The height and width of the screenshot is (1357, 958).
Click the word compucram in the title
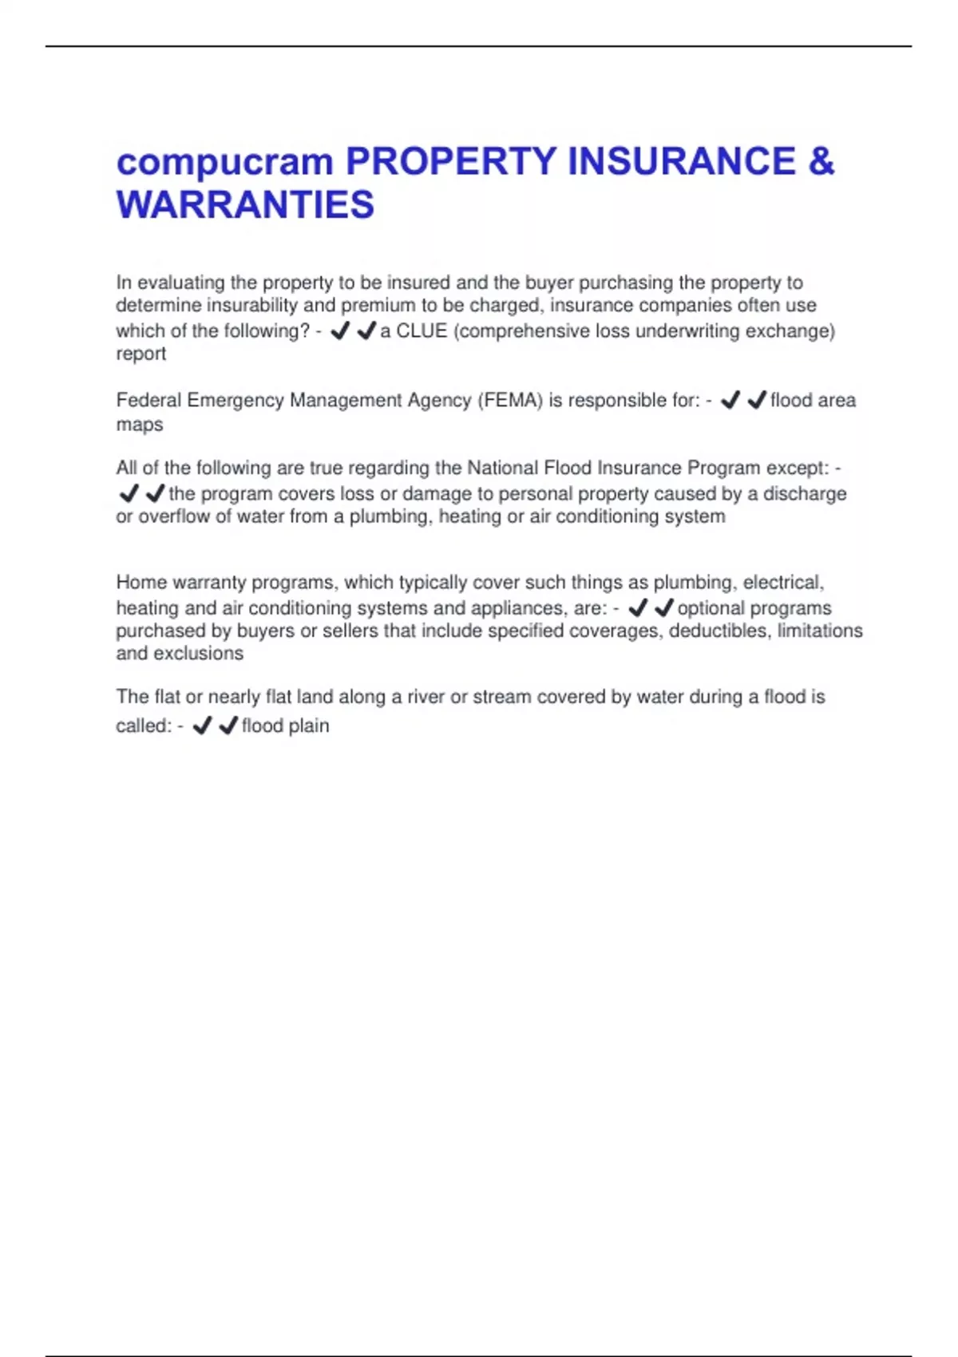(x=224, y=163)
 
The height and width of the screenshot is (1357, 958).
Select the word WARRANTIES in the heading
(x=245, y=205)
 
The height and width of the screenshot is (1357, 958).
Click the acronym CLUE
(x=422, y=331)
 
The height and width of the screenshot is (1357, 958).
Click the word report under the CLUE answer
(x=141, y=354)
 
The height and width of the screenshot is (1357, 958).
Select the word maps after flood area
(x=140, y=425)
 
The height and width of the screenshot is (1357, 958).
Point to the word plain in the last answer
(x=308, y=726)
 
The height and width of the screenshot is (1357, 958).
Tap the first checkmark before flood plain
(x=202, y=726)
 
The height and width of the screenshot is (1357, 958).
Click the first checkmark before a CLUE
(x=340, y=330)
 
